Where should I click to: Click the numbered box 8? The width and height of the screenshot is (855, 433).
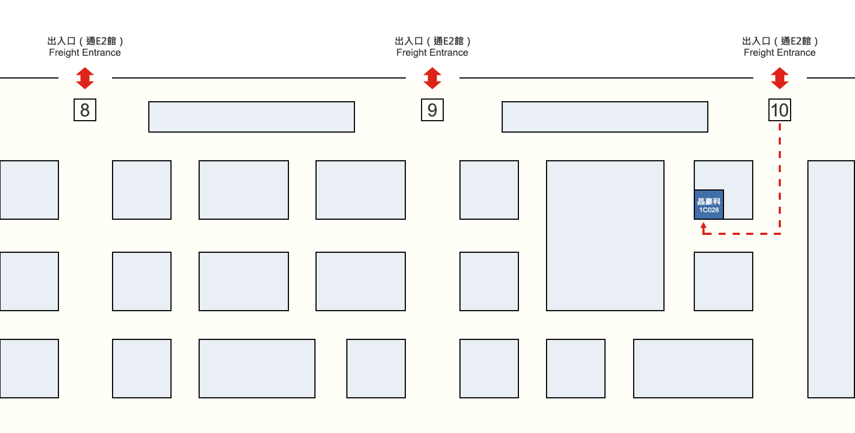[x=85, y=110]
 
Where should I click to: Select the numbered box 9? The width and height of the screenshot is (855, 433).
[x=432, y=110]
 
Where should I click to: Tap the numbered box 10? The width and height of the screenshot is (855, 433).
[x=779, y=110]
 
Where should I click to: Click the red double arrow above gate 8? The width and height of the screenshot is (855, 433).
[x=85, y=78]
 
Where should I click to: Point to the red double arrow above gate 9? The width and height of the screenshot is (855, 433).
[x=432, y=78]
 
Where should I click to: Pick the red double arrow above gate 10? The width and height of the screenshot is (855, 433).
[x=779, y=78]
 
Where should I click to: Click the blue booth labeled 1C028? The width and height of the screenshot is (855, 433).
[x=709, y=205]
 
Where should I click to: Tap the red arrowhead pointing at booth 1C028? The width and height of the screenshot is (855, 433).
[x=703, y=226]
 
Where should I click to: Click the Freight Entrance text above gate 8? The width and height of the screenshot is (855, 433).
[x=85, y=53]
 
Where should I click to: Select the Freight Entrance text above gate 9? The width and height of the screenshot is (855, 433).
[x=432, y=53]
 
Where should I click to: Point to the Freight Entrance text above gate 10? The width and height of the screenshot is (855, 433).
[x=779, y=53]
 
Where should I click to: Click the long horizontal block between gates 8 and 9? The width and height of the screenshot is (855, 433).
[x=252, y=117]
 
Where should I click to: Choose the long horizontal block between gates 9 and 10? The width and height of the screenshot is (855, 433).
[x=605, y=117]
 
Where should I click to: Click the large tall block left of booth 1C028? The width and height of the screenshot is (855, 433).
[x=605, y=235]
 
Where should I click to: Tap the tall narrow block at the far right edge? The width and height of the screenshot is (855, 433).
[x=831, y=279]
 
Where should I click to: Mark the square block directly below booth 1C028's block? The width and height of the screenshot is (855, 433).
[x=724, y=281]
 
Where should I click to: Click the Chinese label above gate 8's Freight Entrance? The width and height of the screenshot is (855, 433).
[x=85, y=41]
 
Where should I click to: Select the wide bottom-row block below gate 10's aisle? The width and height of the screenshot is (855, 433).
[x=693, y=369]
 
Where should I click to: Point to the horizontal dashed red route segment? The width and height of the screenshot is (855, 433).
[x=742, y=234]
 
